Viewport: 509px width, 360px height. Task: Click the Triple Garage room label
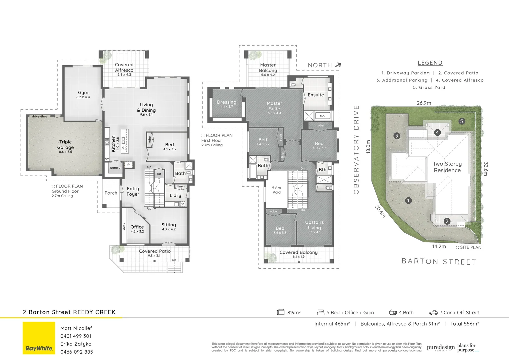pos(65,145)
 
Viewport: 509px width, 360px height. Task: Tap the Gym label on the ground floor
pos(83,93)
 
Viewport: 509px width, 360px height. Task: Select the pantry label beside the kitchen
pos(115,168)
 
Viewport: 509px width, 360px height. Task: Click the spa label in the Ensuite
pos(322,116)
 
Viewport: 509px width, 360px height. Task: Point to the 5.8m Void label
pos(276,190)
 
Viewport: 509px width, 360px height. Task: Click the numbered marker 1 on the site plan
pos(408,200)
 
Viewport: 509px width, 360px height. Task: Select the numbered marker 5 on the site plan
pos(462,121)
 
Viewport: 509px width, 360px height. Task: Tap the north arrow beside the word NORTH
pos(338,65)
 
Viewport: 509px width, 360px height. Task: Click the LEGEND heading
pos(430,63)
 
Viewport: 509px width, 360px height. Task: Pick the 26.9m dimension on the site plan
pos(424,103)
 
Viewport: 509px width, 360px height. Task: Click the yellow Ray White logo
pos(39,338)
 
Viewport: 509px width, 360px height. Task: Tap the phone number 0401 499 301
pos(76,336)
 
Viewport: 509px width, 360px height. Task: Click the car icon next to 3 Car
pos(433,312)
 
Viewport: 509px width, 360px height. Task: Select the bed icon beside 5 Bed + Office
pos(320,312)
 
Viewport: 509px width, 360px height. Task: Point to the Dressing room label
pos(227,102)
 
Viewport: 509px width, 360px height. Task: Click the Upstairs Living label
pos(314,225)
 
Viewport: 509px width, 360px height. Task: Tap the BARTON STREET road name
pos(439,262)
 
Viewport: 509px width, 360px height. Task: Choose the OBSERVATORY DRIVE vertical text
pos(356,150)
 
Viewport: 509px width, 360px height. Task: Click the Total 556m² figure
pos(465,324)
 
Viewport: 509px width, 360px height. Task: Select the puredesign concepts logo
pos(440,348)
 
